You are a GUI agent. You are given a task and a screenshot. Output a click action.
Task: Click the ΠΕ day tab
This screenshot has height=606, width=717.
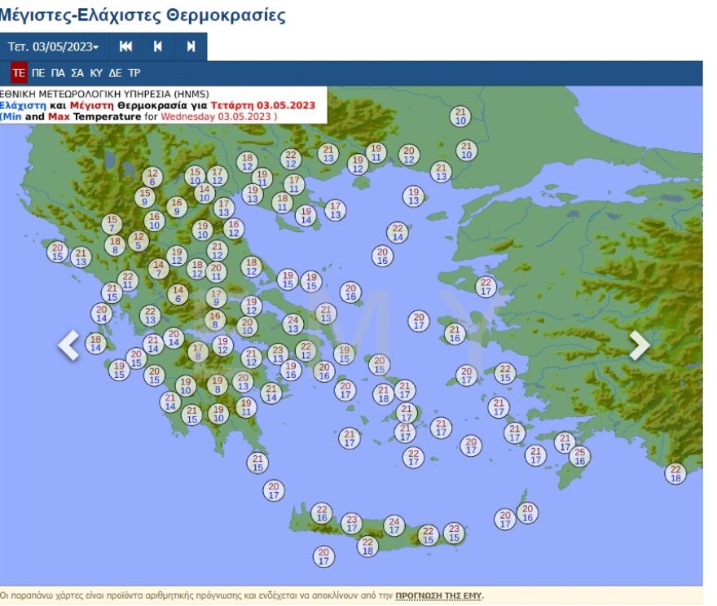coord(38,72)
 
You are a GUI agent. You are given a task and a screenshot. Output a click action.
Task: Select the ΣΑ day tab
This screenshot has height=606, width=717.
coord(77,72)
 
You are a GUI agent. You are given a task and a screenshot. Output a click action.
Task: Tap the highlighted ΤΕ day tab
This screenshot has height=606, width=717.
coord(19,72)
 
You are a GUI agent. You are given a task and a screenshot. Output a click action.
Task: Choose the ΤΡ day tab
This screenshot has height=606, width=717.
coord(134,72)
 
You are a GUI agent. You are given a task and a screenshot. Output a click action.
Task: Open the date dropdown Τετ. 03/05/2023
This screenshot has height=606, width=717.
coord(53,46)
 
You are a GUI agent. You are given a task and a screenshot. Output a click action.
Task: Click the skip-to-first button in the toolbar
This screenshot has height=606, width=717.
coord(125,46)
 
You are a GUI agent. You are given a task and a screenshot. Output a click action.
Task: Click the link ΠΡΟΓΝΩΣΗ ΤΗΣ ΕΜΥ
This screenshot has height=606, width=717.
coord(438,595)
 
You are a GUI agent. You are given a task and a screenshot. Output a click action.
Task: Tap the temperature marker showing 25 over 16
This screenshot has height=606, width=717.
coord(579,456)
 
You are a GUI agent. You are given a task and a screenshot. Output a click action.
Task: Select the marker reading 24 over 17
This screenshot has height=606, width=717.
coord(394,525)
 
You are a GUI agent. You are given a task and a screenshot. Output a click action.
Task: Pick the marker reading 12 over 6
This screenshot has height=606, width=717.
coord(152,177)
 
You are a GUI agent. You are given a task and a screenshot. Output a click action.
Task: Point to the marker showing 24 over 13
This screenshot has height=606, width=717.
coord(293,324)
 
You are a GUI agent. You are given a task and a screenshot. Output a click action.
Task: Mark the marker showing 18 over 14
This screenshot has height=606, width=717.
coord(96,344)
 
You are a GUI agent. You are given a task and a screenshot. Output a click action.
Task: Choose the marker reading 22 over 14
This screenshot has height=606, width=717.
coord(397,232)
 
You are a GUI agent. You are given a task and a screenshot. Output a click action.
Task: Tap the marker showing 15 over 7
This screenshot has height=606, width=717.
coord(112,223)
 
